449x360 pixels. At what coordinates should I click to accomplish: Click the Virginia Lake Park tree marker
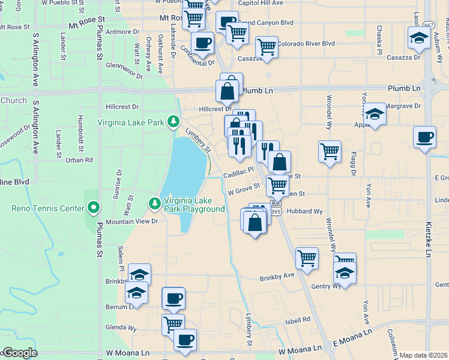pos(173,122)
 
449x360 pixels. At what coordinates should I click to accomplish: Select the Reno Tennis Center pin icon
pos(94,209)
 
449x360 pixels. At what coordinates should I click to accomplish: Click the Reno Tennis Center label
pos(48,209)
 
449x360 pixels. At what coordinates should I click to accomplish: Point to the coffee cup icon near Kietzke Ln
pos(424,137)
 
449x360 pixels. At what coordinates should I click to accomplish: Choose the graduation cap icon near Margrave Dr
pos(375,114)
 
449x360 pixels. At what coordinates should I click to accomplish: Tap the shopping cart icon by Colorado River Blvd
pos(267,46)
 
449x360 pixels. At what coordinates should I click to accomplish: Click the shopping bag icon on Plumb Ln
pos(228,92)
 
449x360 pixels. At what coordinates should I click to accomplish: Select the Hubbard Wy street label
pos(304,211)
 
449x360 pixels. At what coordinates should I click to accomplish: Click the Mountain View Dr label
pos(131,221)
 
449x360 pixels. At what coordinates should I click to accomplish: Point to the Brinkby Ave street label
pos(277,278)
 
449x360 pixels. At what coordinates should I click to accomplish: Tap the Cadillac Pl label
pos(239,170)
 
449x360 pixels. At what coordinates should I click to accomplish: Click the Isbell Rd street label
pos(298,320)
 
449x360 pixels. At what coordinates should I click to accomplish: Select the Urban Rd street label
pos(79,160)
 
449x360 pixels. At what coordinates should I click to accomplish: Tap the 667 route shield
pos(428,25)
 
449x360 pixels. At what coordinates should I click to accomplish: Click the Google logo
pos(20,353)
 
